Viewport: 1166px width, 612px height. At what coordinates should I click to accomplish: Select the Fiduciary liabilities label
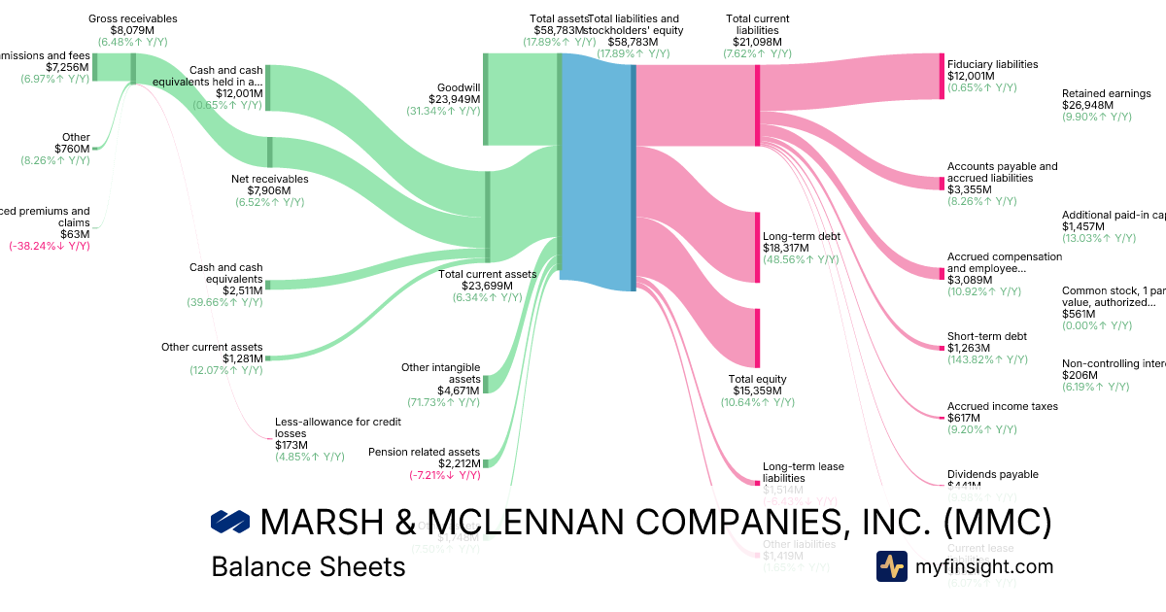(x=992, y=63)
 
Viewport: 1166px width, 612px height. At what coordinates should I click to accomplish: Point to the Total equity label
(x=757, y=379)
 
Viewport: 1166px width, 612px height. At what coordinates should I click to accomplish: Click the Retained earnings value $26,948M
(x=1087, y=105)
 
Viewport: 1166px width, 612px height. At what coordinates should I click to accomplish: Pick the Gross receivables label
(x=132, y=18)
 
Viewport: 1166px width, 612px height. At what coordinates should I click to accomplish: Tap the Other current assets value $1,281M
(x=242, y=358)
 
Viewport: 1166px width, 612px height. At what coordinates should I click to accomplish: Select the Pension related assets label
(x=424, y=452)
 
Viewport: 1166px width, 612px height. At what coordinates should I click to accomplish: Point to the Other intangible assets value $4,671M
(x=459, y=391)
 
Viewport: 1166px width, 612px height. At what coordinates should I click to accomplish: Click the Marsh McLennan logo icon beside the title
(x=230, y=523)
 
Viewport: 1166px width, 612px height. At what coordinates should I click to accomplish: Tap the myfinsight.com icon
(x=891, y=565)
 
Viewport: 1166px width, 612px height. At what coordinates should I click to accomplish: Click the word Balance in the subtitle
(x=253, y=566)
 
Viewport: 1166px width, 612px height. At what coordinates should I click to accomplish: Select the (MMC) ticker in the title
(x=998, y=523)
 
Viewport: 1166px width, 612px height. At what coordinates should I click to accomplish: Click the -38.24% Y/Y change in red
(x=49, y=246)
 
